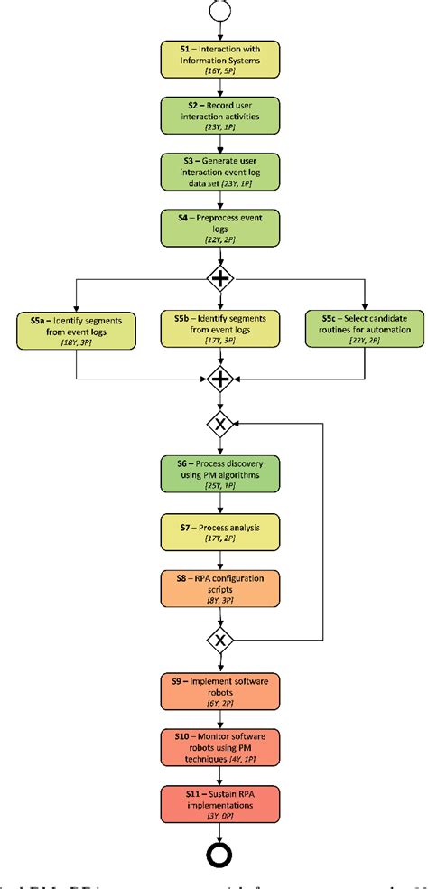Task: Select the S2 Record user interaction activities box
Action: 219,118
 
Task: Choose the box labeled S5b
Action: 219,331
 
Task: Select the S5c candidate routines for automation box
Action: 365,331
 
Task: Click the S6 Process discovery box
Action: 219,474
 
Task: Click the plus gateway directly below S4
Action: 219,278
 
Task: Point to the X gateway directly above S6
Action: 219,422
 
